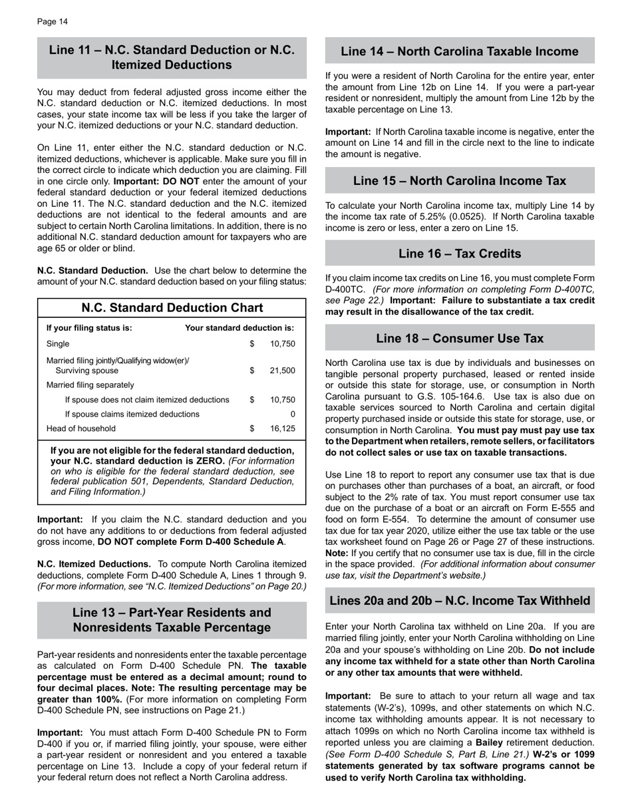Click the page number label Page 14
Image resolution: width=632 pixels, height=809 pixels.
[x=53, y=22]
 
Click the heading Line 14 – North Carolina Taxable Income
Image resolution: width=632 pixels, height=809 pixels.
[x=460, y=52]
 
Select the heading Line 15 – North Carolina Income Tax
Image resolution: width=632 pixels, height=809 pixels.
[x=460, y=181]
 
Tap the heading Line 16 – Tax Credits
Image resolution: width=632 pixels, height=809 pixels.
[x=460, y=253]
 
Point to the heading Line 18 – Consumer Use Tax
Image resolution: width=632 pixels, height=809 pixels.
[x=460, y=339]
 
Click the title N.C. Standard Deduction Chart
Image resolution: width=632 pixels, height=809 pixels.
[x=172, y=308]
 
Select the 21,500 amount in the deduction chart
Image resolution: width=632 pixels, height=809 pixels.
[x=283, y=371]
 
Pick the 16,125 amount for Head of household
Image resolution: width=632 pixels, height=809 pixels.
[x=283, y=428]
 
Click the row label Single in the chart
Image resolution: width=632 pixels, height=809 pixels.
[x=58, y=344]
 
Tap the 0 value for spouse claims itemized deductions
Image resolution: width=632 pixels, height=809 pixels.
[x=293, y=414]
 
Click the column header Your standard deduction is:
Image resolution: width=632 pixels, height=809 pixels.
[x=239, y=328]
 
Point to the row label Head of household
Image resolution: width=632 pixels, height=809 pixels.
[x=80, y=428]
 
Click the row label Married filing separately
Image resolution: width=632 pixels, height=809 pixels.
[x=90, y=385]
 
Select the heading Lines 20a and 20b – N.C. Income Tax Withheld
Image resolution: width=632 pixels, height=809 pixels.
[x=460, y=601]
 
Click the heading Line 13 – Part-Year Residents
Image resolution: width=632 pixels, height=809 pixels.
[x=172, y=613]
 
